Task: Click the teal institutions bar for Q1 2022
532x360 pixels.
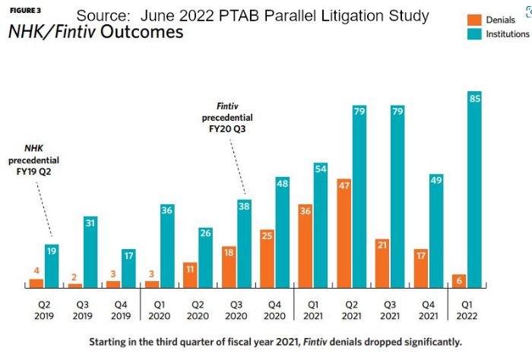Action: [473, 190]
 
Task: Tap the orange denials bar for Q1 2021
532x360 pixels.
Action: [305, 246]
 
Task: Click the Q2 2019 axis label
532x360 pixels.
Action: [43, 310]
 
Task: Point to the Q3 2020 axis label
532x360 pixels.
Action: [234, 310]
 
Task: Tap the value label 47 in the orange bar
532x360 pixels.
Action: [344, 185]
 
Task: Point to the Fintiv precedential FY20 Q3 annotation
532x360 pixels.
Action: [227, 118]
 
